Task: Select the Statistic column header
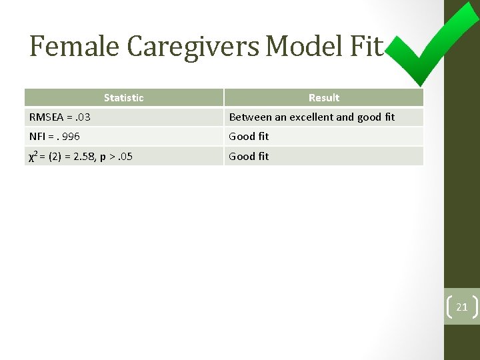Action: pos(123,98)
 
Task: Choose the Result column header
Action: pos(323,98)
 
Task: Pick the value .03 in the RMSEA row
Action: pos(83,117)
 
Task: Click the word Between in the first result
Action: pos(250,117)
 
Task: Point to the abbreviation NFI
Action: pos(37,137)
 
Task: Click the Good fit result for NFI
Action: pos(249,137)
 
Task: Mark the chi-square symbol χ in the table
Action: pos(32,157)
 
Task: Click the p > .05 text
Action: pos(117,157)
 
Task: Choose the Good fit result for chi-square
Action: pos(249,157)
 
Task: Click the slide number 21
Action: pos(461,307)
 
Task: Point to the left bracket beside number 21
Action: pos(447,307)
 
